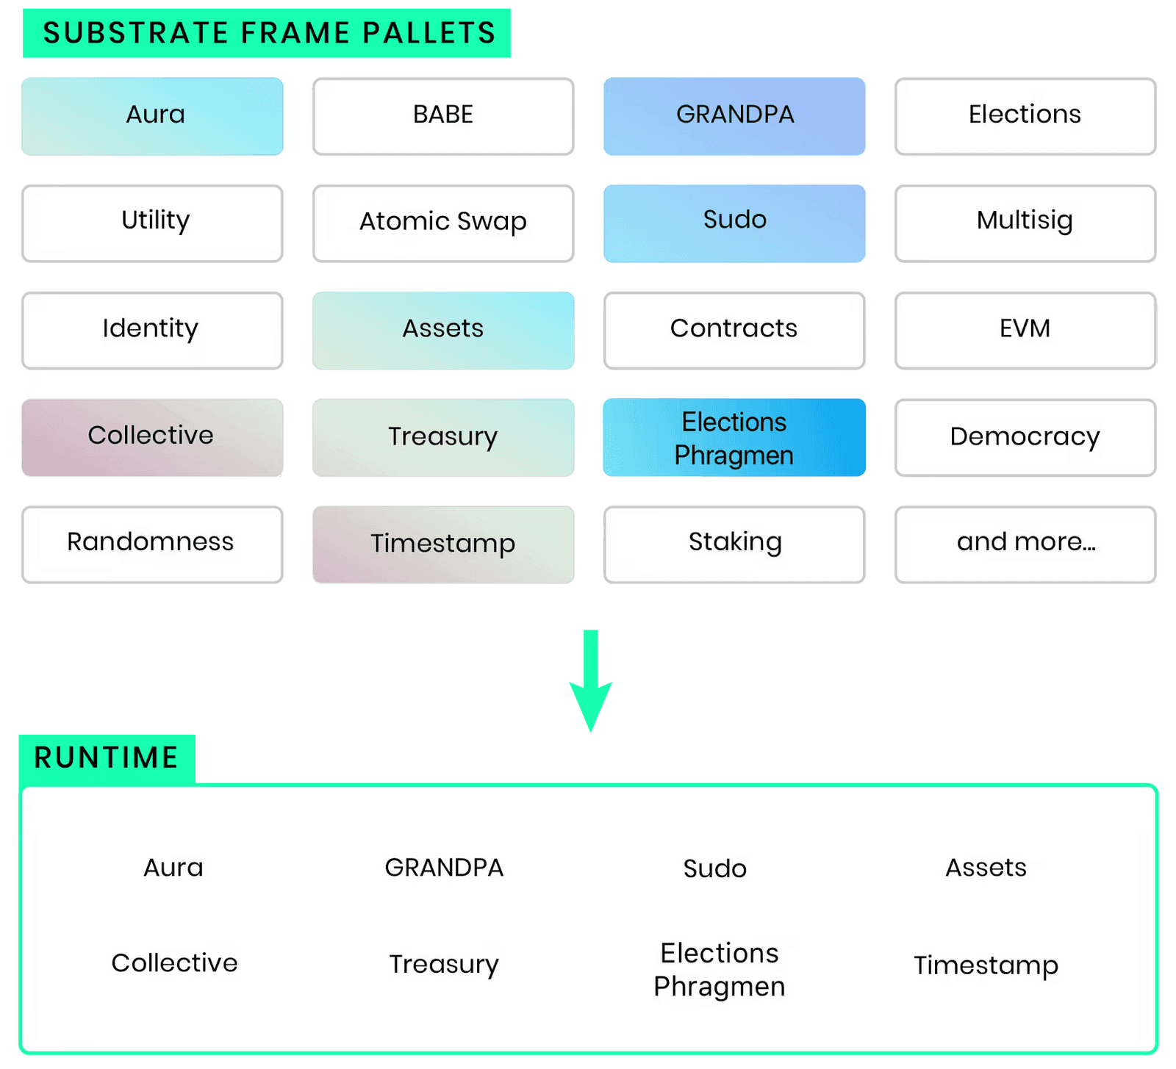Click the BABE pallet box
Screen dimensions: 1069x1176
point(442,116)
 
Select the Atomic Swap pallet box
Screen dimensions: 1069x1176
point(442,223)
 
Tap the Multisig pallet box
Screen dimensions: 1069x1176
point(1025,223)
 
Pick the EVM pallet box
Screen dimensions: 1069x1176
point(1025,330)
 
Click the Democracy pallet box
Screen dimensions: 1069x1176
point(1025,437)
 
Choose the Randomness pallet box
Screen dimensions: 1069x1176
point(151,544)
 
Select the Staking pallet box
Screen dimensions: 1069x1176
point(734,544)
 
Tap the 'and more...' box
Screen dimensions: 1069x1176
point(1025,544)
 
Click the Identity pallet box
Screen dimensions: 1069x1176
point(151,330)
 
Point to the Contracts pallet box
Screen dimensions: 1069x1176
point(734,330)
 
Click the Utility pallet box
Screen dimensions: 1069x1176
point(151,223)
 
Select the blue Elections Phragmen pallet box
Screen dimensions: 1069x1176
point(734,438)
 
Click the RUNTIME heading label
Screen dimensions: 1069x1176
point(107,757)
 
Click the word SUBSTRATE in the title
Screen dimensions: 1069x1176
point(136,33)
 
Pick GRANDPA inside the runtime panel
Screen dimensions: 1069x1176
point(444,868)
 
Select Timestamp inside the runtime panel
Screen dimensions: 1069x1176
point(986,965)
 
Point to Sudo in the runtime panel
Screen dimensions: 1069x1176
point(714,868)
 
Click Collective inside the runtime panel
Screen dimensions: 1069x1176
point(174,963)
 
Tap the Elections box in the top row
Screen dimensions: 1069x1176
point(1025,116)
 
